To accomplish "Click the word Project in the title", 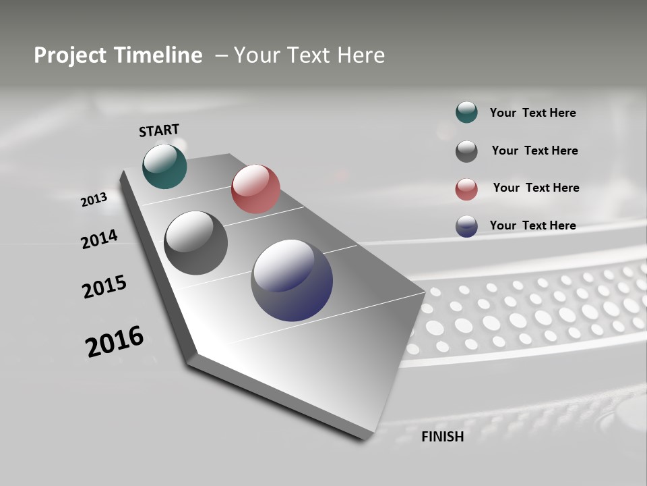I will pos(66,55).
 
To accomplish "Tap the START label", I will pos(159,130).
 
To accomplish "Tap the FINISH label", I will pos(443,437).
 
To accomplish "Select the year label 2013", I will pos(94,200).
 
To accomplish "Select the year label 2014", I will pos(99,239).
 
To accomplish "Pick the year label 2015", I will pos(104,287).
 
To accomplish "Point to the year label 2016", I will pos(114,342).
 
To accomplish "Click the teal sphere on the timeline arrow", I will pos(164,166).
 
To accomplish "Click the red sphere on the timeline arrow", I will pos(255,189).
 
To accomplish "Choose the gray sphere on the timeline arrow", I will pos(195,243).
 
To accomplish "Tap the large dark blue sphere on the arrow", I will pos(292,280).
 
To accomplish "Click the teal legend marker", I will pos(466,113).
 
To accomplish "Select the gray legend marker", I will pos(466,151).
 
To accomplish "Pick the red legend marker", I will pos(466,189).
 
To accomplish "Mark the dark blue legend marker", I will pos(466,226).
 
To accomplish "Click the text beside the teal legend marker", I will pos(532,113).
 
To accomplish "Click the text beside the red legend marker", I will pos(536,188).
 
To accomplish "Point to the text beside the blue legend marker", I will pos(532,225).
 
